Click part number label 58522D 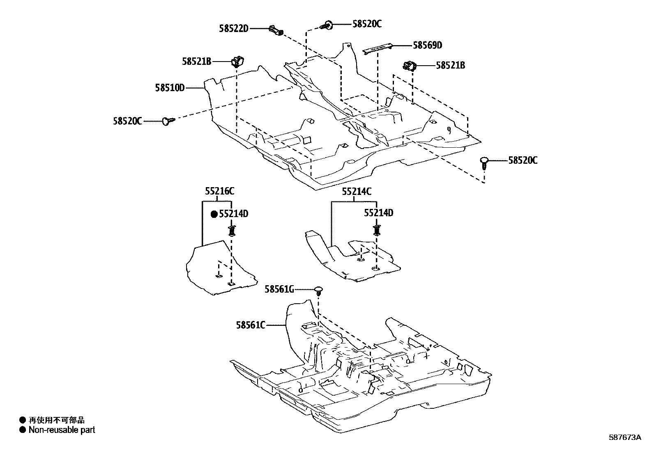click(x=233, y=29)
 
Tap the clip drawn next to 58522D click(x=276, y=31)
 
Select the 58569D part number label click(x=427, y=45)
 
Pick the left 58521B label click(x=197, y=62)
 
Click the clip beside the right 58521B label click(x=410, y=65)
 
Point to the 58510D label click(x=170, y=87)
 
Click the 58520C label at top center click(x=367, y=24)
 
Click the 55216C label click(x=220, y=191)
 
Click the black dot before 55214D click(x=214, y=214)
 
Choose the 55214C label click(x=357, y=191)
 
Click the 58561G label click(x=279, y=290)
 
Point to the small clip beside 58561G click(x=318, y=291)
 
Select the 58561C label click(x=251, y=325)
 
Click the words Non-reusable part click(x=62, y=430)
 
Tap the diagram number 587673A click(x=624, y=437)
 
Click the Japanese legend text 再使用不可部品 click(x=56, y=420)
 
